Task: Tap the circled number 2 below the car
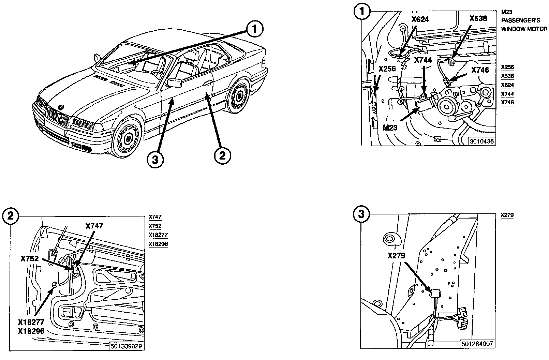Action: (x=222, y=156)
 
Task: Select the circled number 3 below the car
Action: (x=155, y=160)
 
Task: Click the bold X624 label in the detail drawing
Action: (x=420, y=19)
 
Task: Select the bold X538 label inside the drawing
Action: (x=478, y=18)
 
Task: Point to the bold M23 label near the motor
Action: (x=390, y=127)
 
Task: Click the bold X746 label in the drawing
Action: (x=480, y=70)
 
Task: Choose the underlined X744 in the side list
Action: (x=507, y=94)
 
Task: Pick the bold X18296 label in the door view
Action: (x=31, y=331)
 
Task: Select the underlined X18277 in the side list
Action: (x=158, y=235)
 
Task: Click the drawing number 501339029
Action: (x=126, y=346)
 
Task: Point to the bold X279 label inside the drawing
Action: (x=396, y=255)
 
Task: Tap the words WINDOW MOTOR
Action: (x=524, y=29)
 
